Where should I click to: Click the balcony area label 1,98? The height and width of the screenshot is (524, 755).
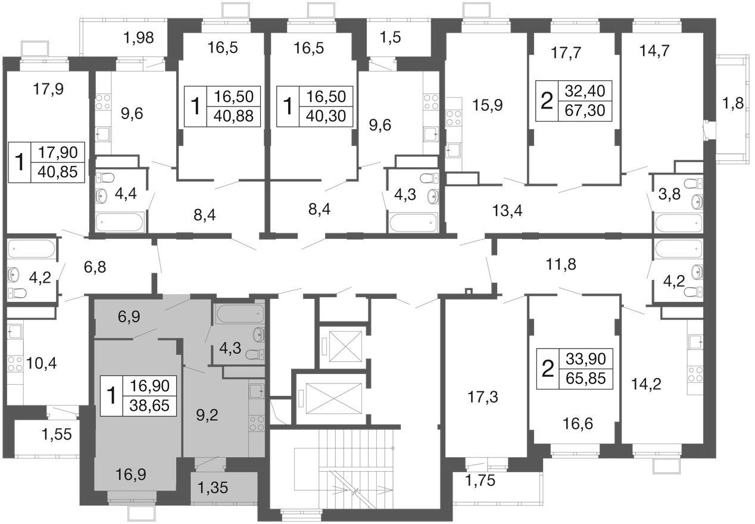[x=139, y=38]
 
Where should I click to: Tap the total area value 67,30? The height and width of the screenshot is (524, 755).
[x=585, y=110]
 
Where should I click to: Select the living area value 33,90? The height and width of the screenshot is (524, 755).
[x=585, y=358]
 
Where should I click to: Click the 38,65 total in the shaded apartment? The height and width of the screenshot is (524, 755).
[x=149, y=406]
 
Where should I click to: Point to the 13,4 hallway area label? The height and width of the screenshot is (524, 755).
[x=507, y=211]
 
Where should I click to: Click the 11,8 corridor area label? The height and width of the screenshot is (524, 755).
[x=561, y=264]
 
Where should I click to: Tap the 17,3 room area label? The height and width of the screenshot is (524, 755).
[x=483, y=397]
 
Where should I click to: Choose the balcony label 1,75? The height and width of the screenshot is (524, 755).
[x=480, y=480]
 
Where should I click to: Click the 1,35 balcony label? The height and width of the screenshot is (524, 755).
[x=213, y=488]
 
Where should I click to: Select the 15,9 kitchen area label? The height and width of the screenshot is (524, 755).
[x=488, y=105]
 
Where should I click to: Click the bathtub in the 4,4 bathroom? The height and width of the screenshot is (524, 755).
[x=120, y=222]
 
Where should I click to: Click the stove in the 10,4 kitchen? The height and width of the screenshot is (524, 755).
[x=14, y=364]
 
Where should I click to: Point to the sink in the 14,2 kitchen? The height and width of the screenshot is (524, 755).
[x=695, y=342]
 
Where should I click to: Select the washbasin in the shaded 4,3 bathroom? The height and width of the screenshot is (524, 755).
[x=259, y=334]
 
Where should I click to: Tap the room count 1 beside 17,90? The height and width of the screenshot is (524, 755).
[x=20, y=162]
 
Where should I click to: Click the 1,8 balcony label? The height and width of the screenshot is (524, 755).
[x=733, y=103]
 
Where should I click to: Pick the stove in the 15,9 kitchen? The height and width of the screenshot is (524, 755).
[x=454, y=118]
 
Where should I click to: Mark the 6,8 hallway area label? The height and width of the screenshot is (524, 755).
[x=95, y=267]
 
